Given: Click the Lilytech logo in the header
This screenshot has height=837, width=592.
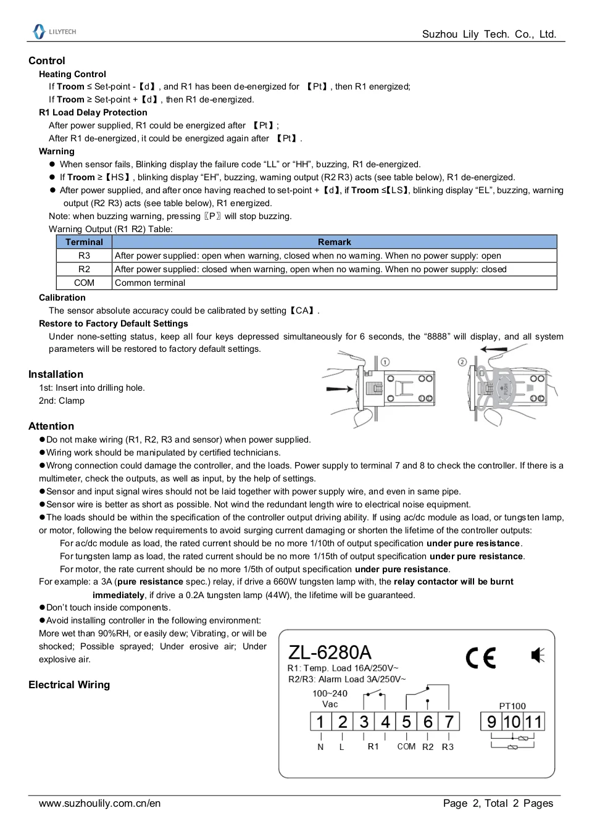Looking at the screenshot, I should click(54, 31).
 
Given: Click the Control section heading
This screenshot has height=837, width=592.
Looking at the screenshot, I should click(46, 60).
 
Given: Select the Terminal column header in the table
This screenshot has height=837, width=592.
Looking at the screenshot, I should click(84, 242).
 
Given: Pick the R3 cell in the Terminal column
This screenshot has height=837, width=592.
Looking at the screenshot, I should click(84, 256).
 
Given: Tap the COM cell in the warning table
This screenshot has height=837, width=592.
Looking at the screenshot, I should click(84, 283).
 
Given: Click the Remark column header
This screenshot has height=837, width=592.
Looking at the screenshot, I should click(334, 242).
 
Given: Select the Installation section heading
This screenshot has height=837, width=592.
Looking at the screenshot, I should click(56, 374).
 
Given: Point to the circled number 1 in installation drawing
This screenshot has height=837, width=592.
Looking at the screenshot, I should click(385, 362).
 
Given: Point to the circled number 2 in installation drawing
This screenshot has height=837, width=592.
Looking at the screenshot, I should click(462, 362).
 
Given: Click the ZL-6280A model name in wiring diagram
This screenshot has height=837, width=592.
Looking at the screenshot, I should click(330, 652).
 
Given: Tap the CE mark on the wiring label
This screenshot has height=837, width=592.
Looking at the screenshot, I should click(481, 658).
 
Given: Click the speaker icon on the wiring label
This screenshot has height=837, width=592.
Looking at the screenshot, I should click(538, 656).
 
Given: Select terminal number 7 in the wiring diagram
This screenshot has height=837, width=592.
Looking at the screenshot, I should click(449, 722).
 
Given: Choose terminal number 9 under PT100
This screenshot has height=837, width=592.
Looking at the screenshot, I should click(491, 722).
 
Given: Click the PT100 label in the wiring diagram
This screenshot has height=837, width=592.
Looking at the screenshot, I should click(512, 706).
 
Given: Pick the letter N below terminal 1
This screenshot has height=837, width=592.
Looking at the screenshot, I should click(320, 747).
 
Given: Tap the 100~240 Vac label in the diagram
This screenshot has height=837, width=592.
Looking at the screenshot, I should click(330, 699).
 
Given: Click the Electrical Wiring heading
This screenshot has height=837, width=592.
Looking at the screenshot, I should click(69, 685).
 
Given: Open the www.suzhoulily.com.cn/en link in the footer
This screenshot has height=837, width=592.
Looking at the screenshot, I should click(99, 803).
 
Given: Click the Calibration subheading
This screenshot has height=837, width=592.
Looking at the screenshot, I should click(62, 298).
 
